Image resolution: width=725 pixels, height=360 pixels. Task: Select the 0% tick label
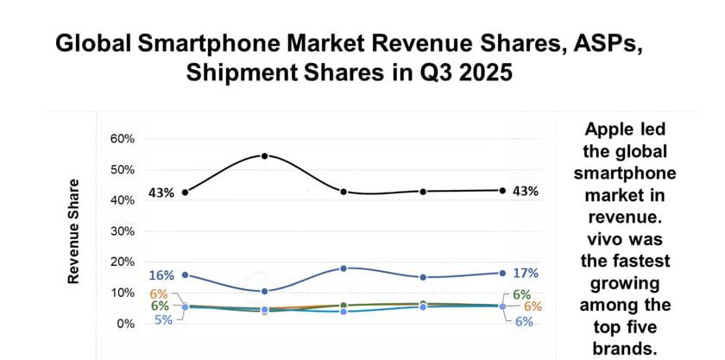coord(126,323)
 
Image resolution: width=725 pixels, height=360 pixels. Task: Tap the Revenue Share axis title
coord(74,231)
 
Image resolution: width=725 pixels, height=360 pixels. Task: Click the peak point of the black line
coord(264,155)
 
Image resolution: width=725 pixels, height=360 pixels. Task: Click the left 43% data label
coord(161,193)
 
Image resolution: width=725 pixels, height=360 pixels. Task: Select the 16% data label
coord(161,275)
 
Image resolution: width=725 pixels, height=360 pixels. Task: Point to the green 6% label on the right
coord(521,294)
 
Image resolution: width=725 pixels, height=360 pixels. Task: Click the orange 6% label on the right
coord(532,306)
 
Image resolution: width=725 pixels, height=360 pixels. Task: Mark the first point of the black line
coord(186,192)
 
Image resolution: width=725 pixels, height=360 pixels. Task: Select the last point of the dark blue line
coord(503,273)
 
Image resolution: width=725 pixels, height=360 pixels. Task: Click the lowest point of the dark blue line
coord(264,291)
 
